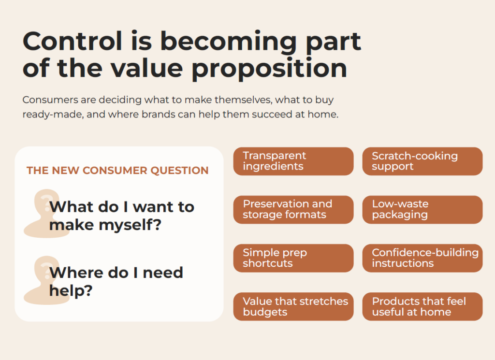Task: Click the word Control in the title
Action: pyautogui.click(x=73, y=41)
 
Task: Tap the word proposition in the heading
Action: pyautogui.click(x=269, y=69)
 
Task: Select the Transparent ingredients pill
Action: pyautogui.click(x=293, y=161)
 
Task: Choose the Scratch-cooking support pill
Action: pyautogui.click(x=422, y=161)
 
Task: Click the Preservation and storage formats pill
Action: pyautogui.click(x=293, y=210)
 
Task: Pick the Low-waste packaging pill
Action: pyautogui.click(x=422, y=210)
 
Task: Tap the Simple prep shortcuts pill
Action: pyautogui.click(x=293, y=258)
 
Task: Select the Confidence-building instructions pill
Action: pyautogui.click(x=422, y=258)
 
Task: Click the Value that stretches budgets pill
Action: pyautogui.click(x=293, y=307)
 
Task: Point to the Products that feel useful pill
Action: pyautogui.click(x=422, y=307)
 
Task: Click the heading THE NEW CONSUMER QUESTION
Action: pyautogui.click(x=117, y=171)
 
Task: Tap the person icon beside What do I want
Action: pyautogui.click(x=46, y=213)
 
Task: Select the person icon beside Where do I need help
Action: pyautogui.click(x=46, y=280)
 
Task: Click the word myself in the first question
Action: pyautogui.click(x=130, y=226)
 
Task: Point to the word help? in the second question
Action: pyautogui.click(x=71, y=290)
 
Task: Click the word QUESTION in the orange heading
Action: pyautogui.click(x=179, y=171)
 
